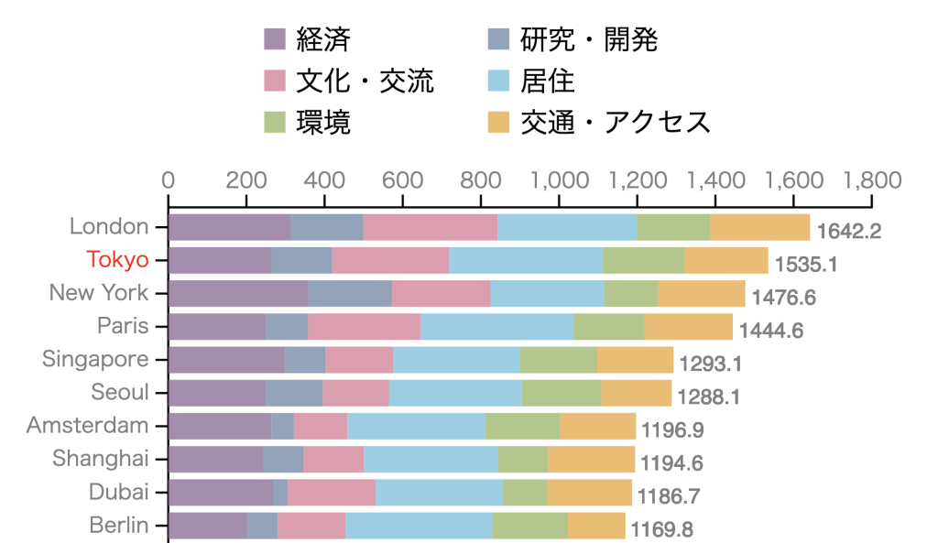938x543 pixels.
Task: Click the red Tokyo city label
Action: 117,260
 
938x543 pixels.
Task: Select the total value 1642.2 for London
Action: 849,231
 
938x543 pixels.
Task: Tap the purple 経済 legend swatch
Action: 276,39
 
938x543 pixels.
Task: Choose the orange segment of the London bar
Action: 759,227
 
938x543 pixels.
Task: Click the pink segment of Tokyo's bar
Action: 390,260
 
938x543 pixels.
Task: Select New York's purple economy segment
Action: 238,294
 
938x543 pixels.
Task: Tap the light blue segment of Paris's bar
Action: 496,327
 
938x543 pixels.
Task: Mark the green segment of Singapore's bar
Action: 558,360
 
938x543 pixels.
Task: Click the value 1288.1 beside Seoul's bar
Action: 709,396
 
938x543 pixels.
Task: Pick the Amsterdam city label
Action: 87,426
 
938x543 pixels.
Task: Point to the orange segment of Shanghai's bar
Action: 591,460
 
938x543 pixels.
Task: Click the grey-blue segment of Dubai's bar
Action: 280,493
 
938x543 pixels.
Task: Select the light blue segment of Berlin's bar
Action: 419,526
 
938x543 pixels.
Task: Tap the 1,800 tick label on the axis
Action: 870,179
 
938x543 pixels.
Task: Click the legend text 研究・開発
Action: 589,39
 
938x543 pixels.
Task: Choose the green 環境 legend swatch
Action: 276,122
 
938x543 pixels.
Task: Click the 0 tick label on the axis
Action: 169,179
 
